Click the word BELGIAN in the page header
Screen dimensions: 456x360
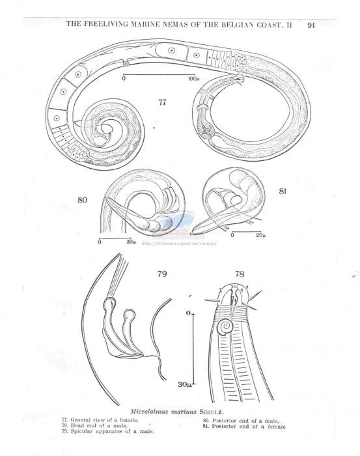(x=237, y=25)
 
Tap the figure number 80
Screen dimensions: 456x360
(x=83, y=200)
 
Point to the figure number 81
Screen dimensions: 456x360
(x=283, y=192)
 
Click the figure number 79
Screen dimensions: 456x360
(x=162, y=274)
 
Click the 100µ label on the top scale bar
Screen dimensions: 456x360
(x=193, y=79)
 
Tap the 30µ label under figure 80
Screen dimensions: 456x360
(x=131, y=242)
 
